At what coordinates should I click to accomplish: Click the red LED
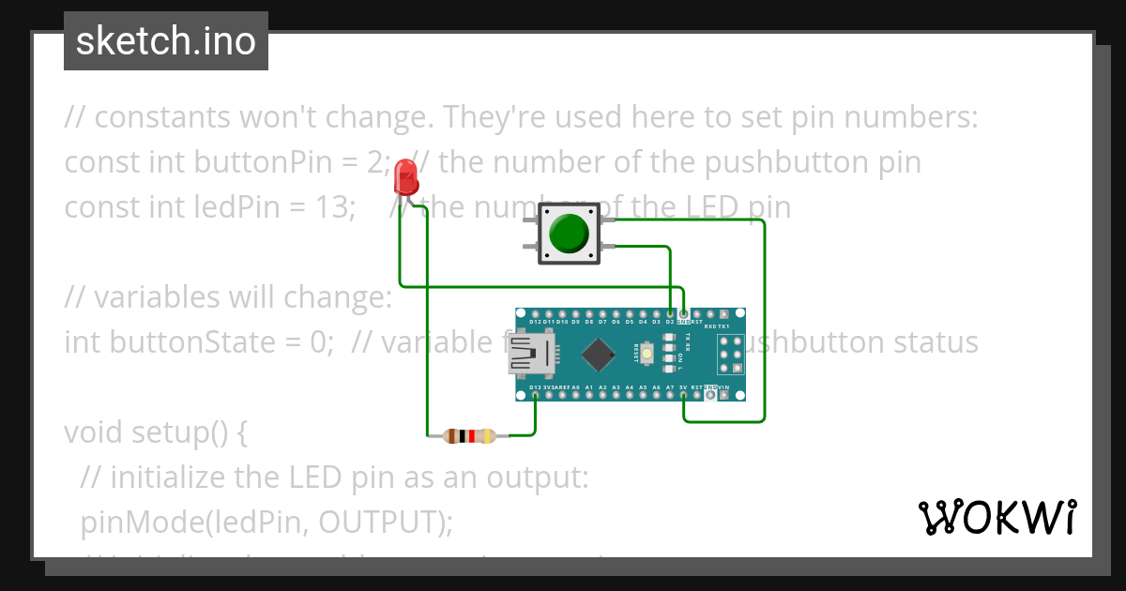click(405, 176)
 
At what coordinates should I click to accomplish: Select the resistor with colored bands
click(468, 435)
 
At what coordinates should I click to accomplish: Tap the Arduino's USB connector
click(531, 355)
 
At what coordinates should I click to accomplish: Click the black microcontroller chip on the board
click(598, 355)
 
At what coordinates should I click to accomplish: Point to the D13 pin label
click(535, 387)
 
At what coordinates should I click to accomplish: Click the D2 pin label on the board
click(670, 322)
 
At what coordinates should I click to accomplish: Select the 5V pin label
click(683, 387)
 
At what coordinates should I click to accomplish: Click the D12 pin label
click(535, 322)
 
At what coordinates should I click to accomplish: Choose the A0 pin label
click(575, 387)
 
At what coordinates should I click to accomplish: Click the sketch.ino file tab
click(165, 41)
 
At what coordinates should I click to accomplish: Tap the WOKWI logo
click(997, 517)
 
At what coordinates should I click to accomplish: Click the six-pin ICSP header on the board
click(731, 355)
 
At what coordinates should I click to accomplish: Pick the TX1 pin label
click(723, 326)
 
